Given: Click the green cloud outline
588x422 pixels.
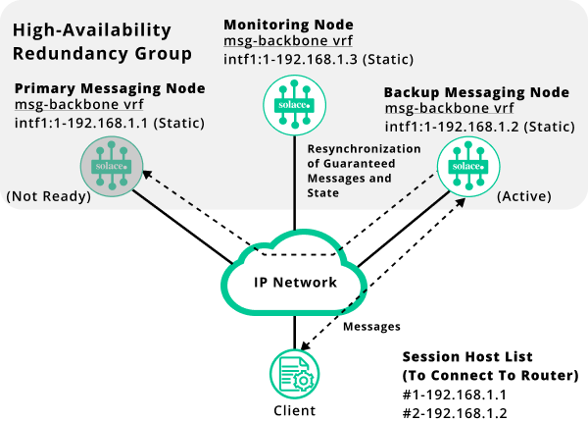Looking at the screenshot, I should (x=294, y=271).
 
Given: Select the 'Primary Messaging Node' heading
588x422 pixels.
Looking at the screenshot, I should (x=110, y=88).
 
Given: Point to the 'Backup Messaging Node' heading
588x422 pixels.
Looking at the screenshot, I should (x=476, y=92).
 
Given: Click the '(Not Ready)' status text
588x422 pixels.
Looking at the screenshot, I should (x=48, y=196).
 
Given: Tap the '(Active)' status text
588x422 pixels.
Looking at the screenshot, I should (x=524, y=196).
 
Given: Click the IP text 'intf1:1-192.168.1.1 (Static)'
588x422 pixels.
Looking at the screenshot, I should (x=108, y=124).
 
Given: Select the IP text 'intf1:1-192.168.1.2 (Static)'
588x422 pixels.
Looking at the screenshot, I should (x=477, y=127).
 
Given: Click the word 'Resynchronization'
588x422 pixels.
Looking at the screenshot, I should (x=364, y=148).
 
